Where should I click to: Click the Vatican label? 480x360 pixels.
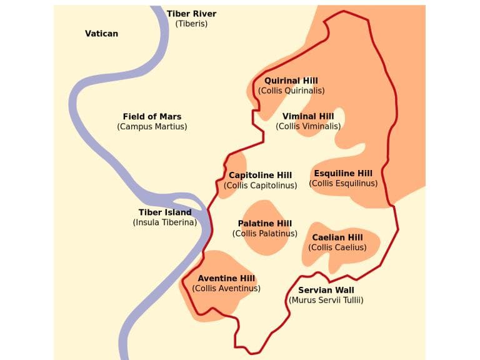pyautogui.click(x=101, y=33)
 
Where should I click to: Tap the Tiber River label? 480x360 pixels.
pyautogui.click(x=191, y=14)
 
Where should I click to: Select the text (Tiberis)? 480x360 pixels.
pyautogui.click(x=191, y=24)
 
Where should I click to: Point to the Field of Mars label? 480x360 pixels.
pyautogui.click(x=152, y=116)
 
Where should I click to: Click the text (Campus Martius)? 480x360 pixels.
pyautogui.click(x=152, y=126)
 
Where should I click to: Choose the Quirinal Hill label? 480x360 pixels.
pyautogui.click(x=291, y=81)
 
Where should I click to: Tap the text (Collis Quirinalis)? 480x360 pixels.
pyautogui.click(x=291, y=91)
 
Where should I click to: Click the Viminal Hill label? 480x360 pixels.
pyautogui.click(x=308, y=116)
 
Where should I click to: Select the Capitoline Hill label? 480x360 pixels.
pyautogui.click(x=260, y=175)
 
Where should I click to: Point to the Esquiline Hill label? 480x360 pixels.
pyautogui.click(x=343, y=173)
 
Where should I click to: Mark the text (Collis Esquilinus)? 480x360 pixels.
pyautogui.click(x=343, y=183)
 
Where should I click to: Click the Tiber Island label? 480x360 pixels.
pyautogui.click(x=165, y=212)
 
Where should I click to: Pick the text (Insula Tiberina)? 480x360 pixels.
pyautogui.click(x=165, y=222)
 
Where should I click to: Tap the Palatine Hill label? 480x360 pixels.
pyautogui.click(x=265, y=223)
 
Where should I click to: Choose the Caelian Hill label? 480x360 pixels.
pyautogui.click(x=337, y=237)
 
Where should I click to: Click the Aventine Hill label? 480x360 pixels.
pyautogui.click(x=226, y=278)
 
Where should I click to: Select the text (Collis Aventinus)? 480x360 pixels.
pyautogui.click(x=226, y=288)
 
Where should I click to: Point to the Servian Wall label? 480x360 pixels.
pyautogui.click(x=326, y=290)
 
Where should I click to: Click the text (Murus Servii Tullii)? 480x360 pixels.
pyautogui.click(x=326, y=300)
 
